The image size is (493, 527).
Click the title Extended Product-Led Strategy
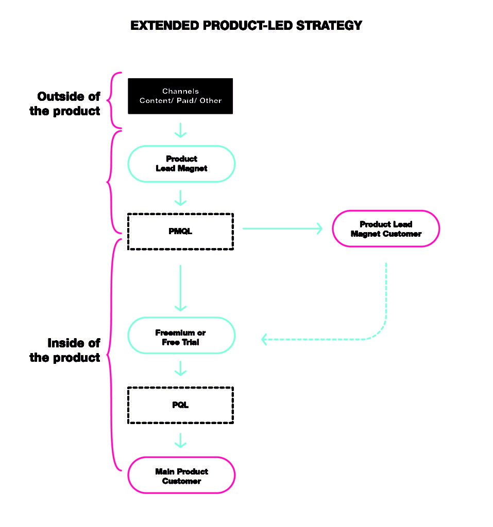246,25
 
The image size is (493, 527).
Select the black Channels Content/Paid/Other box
180,96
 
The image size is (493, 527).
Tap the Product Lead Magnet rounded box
181,164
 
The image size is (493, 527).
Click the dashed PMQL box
180,232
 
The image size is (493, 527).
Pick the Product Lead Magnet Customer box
386,229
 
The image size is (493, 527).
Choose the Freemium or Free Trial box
181,336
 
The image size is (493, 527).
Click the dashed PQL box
180,405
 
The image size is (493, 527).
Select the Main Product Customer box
181,476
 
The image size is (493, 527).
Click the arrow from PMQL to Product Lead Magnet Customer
282,228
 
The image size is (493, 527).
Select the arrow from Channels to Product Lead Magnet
180,130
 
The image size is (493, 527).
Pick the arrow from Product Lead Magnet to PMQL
180,198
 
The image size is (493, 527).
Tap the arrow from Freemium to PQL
180,368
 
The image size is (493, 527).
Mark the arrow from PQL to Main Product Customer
180,440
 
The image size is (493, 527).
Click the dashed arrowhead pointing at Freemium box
265,339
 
